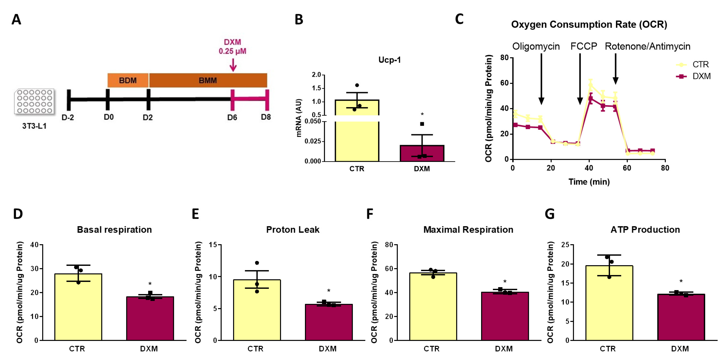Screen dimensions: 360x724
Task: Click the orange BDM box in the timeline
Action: [x=128, y=80]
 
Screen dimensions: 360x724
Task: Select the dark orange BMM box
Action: [x=208, y=80]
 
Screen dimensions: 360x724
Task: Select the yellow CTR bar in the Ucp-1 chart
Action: [x=357, y=135]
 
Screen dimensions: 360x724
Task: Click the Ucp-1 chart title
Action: [x=389, y=60]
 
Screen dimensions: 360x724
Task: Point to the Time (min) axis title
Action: [x=589, y=182]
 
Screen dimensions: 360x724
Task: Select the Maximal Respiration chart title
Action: [x=468, y=230]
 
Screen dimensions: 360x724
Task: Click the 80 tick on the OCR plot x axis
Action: [x=665, y=168]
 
